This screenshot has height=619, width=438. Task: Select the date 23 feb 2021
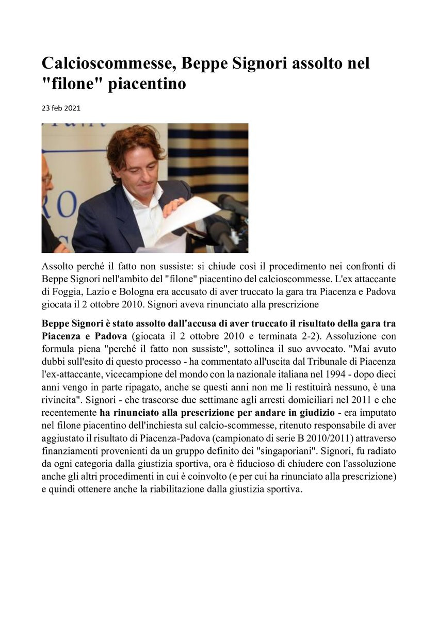(61, 108)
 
